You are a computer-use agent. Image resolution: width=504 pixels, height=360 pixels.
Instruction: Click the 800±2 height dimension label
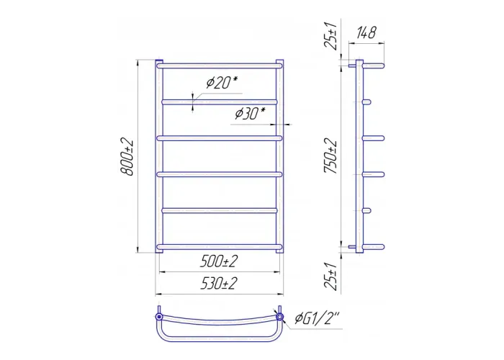(127, 157)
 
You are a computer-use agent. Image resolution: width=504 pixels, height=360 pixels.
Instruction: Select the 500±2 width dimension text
(219, 261)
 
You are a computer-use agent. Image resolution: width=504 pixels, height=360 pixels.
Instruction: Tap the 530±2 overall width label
(219, 283)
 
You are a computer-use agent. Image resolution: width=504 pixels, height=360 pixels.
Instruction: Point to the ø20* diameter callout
(222, 83)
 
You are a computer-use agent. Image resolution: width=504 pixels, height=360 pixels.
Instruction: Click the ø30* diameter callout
(250, 113)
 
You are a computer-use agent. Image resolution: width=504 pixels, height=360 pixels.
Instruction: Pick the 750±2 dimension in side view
(331, 156)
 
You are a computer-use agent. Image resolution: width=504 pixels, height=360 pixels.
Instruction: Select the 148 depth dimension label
(366, 33)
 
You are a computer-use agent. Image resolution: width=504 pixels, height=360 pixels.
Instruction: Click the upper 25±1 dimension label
(331, 36)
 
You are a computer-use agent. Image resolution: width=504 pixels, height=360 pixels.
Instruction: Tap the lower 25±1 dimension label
(331, 276)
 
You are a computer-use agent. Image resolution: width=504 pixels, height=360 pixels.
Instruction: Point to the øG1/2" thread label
(317, 318)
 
